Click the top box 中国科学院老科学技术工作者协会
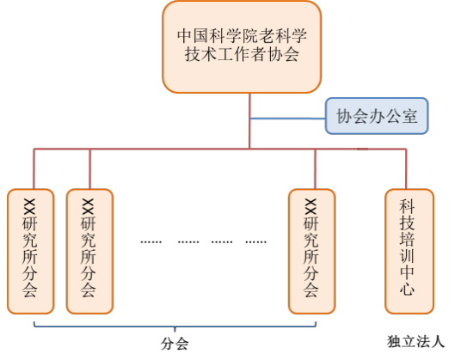[242, 46]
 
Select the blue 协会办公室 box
[377, 116]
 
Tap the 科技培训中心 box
[409, 251]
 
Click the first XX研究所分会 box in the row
[31, 251]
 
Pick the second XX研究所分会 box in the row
[89, 251]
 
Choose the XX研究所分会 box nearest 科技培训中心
[311, 251]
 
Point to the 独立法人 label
[415, 342]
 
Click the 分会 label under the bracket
[175, 344]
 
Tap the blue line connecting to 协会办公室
[288, 119]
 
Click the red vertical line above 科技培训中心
[406, 168]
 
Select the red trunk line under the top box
[249, 121]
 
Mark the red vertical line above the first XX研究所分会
[34, 168]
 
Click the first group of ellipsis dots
[151, 241]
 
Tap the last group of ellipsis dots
[255, 241]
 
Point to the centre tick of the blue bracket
[175, 329]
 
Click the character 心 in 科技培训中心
[407, 288]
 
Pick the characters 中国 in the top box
[193, 35]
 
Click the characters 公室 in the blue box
[402, 116]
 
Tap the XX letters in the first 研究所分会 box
[29, 207]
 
